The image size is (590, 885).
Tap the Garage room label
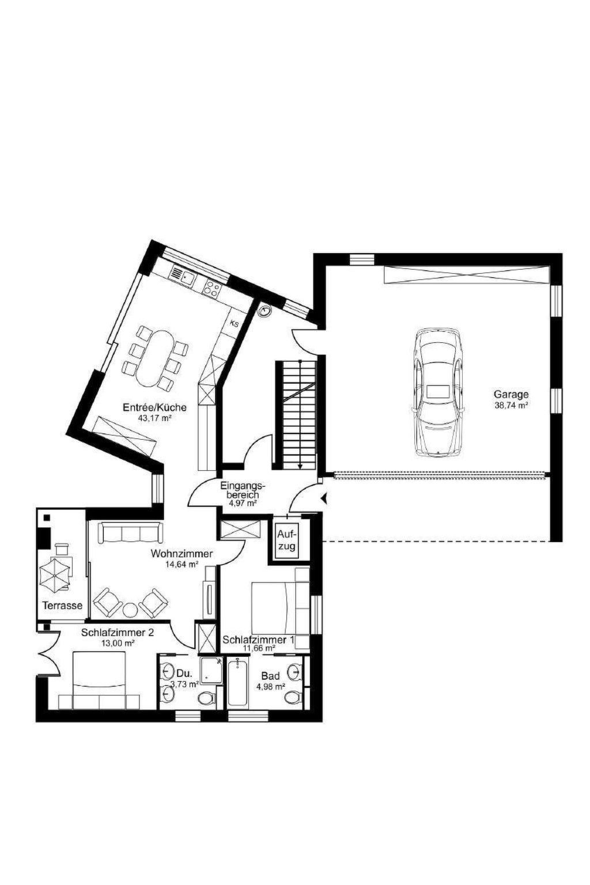[511, 394]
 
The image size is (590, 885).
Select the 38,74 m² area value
[512, 405]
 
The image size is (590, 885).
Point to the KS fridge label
[235, 324]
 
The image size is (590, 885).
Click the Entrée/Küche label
[154, 407]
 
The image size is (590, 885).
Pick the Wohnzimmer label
[181, 554]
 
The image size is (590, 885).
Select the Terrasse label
[62, 606]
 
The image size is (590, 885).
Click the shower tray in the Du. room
[211, 671]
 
